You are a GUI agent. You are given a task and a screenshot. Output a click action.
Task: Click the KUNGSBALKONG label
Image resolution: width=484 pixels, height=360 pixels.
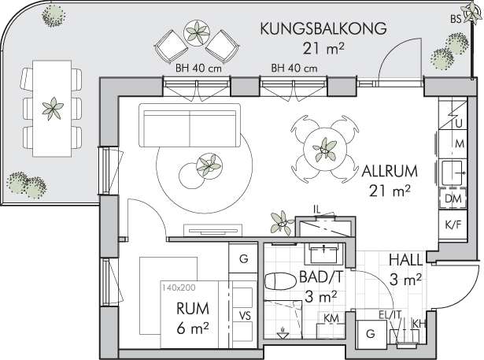(323, 28)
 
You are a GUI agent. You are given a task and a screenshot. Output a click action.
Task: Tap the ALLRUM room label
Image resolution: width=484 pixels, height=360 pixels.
(390, 171)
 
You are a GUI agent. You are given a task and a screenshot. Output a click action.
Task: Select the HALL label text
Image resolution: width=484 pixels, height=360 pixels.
(405, 260)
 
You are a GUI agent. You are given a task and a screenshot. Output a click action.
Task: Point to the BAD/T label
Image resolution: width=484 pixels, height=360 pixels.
(321, 277)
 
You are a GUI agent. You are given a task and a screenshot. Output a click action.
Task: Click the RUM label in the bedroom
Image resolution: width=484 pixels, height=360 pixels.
(193, 308)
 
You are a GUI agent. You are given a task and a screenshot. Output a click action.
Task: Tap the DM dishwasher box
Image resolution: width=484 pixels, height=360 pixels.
(453, 199)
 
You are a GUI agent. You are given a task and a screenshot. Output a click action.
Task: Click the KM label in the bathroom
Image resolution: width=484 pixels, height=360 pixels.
(331, 317)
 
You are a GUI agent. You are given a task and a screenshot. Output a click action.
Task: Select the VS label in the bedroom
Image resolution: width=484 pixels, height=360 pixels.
(245, 316)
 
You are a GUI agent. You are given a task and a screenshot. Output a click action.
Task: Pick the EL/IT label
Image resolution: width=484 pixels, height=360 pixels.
(390, 314)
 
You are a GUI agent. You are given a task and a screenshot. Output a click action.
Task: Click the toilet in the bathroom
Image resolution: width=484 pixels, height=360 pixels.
(279, 281)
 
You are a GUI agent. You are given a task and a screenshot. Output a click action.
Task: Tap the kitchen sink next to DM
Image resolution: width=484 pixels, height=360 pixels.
(453, 173)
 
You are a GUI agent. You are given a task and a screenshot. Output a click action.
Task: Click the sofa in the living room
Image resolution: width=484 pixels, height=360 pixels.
(190, 125)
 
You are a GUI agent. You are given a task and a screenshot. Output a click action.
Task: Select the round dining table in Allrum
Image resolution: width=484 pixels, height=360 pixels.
(325, 149)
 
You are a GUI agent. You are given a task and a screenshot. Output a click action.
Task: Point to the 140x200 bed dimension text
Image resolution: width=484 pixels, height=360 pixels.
(179, 288)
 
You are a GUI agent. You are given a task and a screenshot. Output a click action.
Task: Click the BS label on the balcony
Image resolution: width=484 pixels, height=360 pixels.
(456, 19)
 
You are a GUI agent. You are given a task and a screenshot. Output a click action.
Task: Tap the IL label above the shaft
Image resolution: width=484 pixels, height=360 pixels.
(317, 210)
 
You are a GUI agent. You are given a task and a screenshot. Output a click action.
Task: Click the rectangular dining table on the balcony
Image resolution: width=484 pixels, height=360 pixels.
(52, 109)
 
